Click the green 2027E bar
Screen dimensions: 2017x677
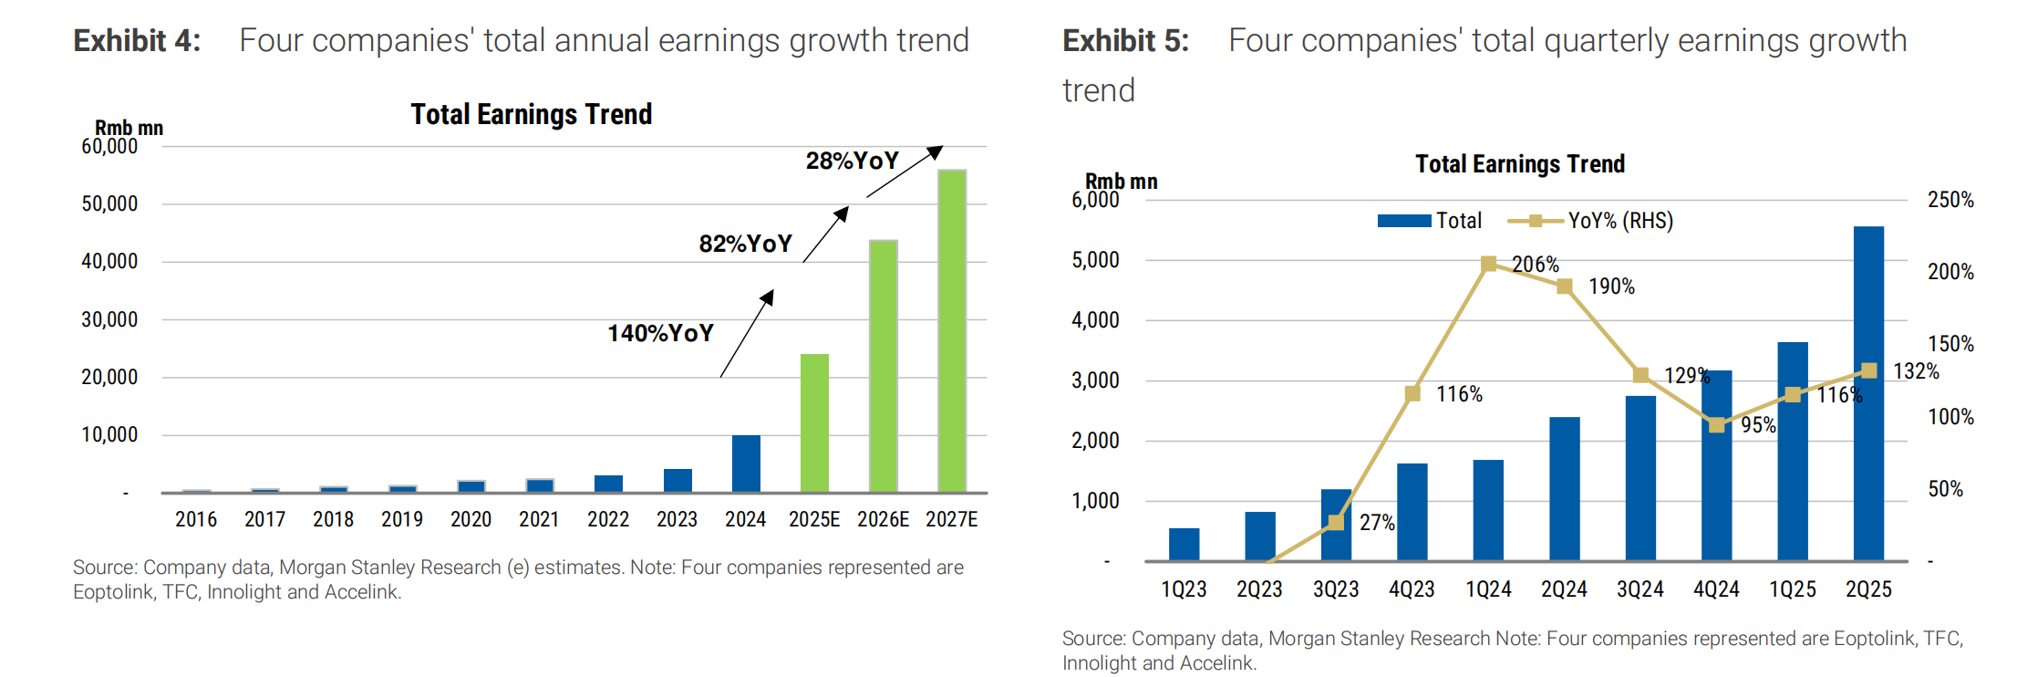(951, 331)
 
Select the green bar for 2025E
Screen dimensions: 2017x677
(814, 423)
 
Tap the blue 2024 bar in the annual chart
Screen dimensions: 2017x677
(746, 464)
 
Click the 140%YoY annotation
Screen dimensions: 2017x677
(661, 333)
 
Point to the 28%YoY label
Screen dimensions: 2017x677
(853, 161)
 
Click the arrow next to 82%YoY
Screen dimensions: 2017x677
(826, 234)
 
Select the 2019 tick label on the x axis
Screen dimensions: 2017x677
(402, 519)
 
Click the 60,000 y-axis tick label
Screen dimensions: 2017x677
(109, 146)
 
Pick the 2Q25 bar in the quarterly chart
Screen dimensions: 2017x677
(1868, 393)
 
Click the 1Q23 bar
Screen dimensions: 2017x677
(1184, 545)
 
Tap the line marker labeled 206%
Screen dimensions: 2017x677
(1488, 264)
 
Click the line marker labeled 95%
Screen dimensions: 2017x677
(1716, 425)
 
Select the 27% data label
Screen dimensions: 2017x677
(1377, 523)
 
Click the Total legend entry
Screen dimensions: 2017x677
(1430, 221)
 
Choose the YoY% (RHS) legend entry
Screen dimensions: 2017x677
(1590, 221)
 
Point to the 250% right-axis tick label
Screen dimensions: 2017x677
(1950, 200)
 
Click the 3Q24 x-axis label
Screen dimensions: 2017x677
(1639, 589)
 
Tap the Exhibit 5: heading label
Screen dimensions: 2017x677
(1126, 41)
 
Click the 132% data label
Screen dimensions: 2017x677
(1916, 371)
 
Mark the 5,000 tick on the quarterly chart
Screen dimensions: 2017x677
(1095, 260)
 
